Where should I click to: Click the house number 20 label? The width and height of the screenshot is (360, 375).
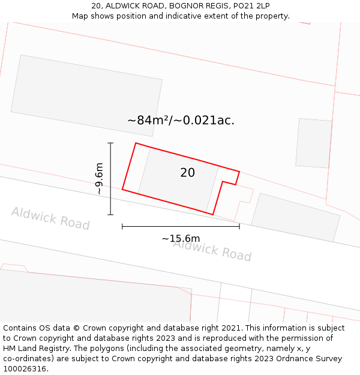(x=187, y=173)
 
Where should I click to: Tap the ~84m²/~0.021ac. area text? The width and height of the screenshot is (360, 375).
(x=181, y=120)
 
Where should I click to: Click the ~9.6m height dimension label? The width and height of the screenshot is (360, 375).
(x=99, y=179)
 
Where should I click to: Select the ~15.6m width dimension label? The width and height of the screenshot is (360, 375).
(x=181, y=239)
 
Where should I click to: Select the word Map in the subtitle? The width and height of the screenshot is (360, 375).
(x=80, y=16)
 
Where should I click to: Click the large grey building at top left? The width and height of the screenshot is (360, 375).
(x=86, y=95)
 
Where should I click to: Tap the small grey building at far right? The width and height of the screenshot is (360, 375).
(x=314, y=143)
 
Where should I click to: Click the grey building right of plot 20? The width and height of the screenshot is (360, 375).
(x=296, y=217)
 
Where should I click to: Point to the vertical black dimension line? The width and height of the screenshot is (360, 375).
(x=110, y=179)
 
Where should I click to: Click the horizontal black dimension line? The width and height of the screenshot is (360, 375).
(x=181, y=226)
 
